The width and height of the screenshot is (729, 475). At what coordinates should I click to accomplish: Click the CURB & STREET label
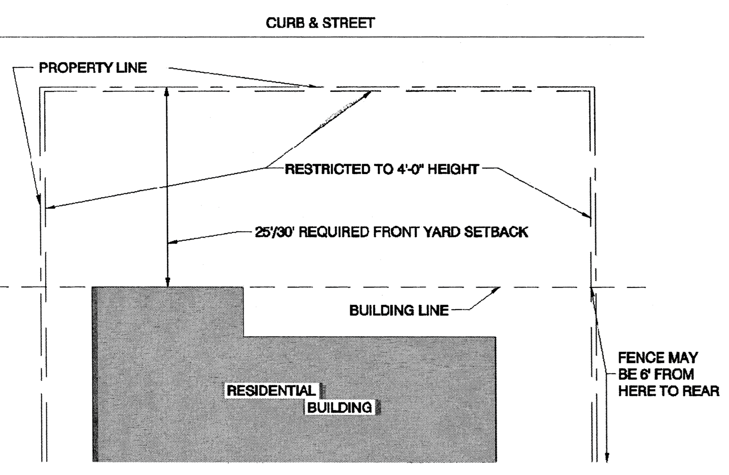pos(320,23)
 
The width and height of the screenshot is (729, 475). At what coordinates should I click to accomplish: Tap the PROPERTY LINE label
pos(93,68)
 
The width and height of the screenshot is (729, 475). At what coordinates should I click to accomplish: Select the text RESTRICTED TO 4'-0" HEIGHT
pos(382,169)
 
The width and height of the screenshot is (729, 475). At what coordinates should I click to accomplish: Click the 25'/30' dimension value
pos(274,232)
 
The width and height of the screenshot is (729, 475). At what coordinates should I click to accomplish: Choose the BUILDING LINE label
pos(399,310)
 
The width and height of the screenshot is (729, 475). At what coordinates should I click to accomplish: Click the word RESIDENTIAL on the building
pos(271,390)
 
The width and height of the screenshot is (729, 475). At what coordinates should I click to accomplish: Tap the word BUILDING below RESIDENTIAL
pos(340,407)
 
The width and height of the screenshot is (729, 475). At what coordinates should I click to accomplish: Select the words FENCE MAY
pos(658,357)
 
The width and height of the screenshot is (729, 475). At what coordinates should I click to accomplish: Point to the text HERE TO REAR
pos(668,391)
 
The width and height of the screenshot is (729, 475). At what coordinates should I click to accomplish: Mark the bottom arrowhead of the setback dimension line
pos(167,283)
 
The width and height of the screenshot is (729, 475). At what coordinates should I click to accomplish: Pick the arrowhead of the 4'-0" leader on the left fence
pos(49,207)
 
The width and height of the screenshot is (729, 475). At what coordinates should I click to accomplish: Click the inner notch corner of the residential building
pos(243,336)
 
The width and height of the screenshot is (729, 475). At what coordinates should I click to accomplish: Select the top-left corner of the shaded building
pos(93,287)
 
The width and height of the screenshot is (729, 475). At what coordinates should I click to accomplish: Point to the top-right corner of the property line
pos(594,87)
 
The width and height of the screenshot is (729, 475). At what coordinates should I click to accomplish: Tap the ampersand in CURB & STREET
pos(313,23)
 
